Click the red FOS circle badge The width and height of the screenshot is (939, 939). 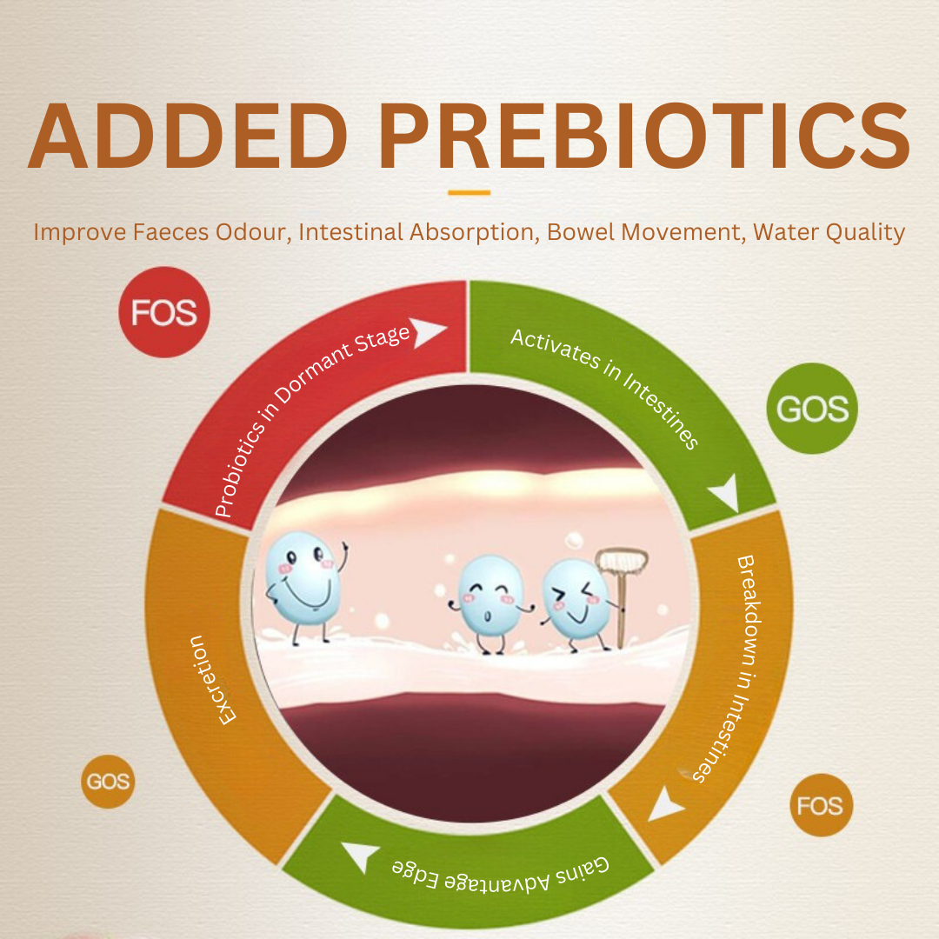tap(164, 312)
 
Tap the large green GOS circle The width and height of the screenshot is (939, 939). tap(812, 409)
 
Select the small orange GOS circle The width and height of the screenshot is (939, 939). tap(108, 781)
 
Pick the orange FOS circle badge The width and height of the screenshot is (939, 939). tap(821, 805)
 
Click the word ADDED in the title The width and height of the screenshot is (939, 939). tap(188, 136)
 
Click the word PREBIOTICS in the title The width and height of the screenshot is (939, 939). tap(643, 136)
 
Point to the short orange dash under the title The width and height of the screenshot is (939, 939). tap(469, 192)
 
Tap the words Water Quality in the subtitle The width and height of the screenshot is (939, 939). tap(829, 232)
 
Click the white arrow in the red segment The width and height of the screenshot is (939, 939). tap(427, 331)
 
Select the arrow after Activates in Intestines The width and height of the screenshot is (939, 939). tap(726, 492)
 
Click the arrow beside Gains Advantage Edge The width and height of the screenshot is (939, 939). tap(361, 856)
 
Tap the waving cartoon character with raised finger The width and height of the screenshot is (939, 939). tap(306, 587)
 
